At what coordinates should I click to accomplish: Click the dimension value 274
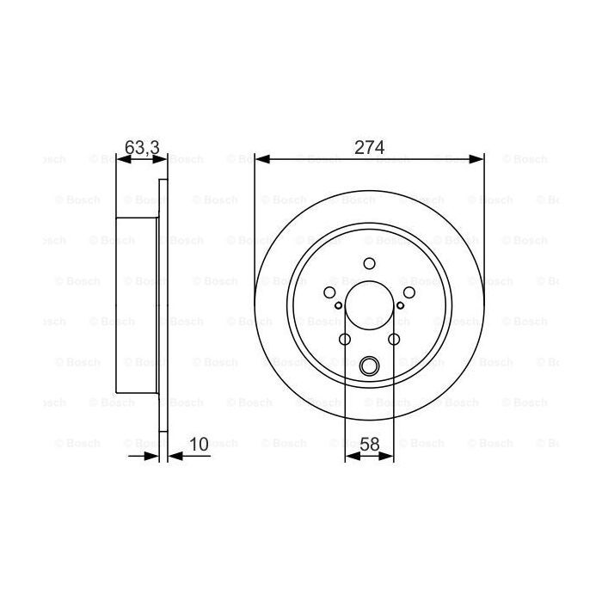click(x=369, y=147)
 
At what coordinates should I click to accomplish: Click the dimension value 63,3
click(x=142, y=147)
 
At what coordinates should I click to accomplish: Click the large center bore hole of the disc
click(x=369, y=305)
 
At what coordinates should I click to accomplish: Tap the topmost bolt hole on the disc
click(x=369, y=264)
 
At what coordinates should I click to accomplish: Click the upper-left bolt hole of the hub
click(x=330, y=292)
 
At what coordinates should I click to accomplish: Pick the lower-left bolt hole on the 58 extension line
click(x=345, y=339)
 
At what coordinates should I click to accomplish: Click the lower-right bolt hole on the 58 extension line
click(x=394, y=339)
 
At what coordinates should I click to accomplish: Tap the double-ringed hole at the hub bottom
click(x=369, y=365)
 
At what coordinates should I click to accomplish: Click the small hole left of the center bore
click(x=339, y=305)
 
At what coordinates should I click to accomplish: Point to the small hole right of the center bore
click(x=400, y=305)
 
